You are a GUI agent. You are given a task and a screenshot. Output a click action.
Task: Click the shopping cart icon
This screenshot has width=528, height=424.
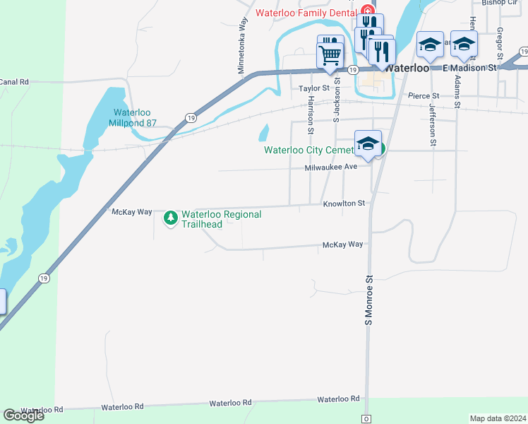pyautogui.click(x=330, y=55)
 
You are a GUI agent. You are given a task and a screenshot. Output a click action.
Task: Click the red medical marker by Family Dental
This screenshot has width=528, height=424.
pyautogui.click(x=366, y=11)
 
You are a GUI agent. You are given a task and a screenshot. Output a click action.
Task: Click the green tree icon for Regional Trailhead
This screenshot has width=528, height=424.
pyautogui.click(x=170, y=218)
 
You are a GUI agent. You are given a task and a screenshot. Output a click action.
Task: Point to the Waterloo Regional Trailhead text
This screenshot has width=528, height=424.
pyautogui.click(x=221, y=219)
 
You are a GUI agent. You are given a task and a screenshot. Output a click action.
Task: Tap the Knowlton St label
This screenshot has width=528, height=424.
pyautogui.click(x=344, y=204)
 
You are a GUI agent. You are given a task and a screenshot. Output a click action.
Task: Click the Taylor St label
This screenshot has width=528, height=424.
pyautogui.click(x=314, y=88)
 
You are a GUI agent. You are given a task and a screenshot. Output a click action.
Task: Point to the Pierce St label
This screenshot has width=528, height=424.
pyautogui.click(x=424, y=95)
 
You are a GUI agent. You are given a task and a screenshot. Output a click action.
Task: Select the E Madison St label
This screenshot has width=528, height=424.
pyautogui.click(x=470, y=68)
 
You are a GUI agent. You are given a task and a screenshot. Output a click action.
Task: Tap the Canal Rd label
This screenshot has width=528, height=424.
pyautogui.click(x=14, y=82)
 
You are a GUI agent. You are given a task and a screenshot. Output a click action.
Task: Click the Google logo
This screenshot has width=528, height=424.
pyautogui.click(x=23, y=416)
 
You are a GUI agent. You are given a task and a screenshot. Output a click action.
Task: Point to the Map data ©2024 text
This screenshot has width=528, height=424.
pyautogui.click(x=498, y=418)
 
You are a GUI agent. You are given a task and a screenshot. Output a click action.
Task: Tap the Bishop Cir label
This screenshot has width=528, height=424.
pyautogui.click(x=500, y=3)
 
